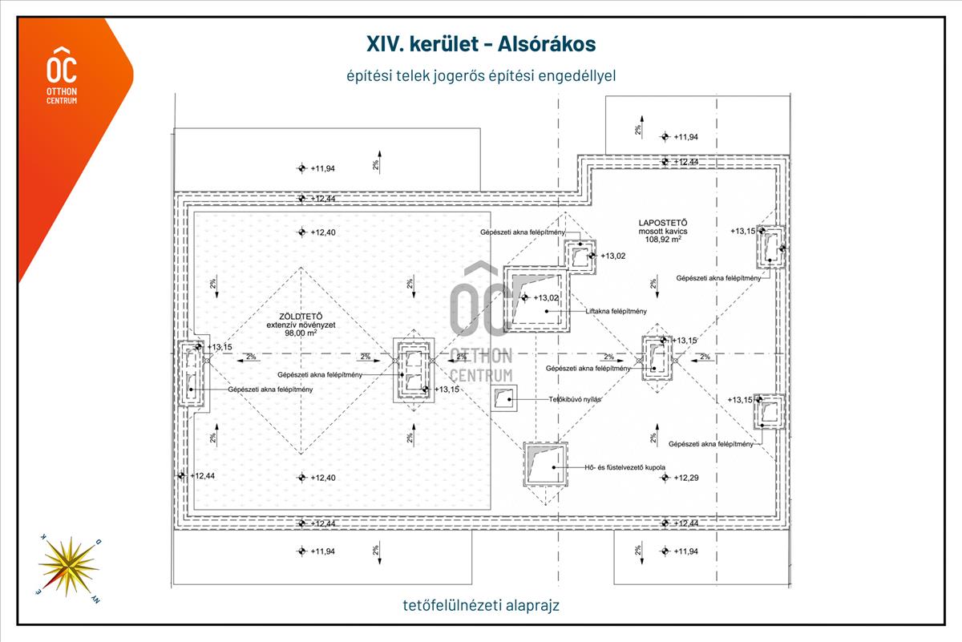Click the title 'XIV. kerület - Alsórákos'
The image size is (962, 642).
pyautogui.click(x=481, y=42)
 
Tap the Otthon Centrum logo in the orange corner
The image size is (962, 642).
pyautogui.click(x=63, y=77)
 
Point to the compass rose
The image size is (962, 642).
pyautogui.click(x=69, y=564)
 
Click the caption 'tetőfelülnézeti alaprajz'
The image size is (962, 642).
pyautogui.click(x=481, y=605)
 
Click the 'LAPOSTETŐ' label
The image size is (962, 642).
pyautogui.click(x=660, y=222)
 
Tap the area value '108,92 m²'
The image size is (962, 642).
pyautogui.click(x=660, y=239)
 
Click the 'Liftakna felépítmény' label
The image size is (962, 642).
pyautogui.click(x=616, y=311)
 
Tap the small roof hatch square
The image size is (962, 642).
pyautogui.click(x=504, y=398)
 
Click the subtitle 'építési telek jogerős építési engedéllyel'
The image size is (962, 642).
pyautogui.click(x=481, y=75)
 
